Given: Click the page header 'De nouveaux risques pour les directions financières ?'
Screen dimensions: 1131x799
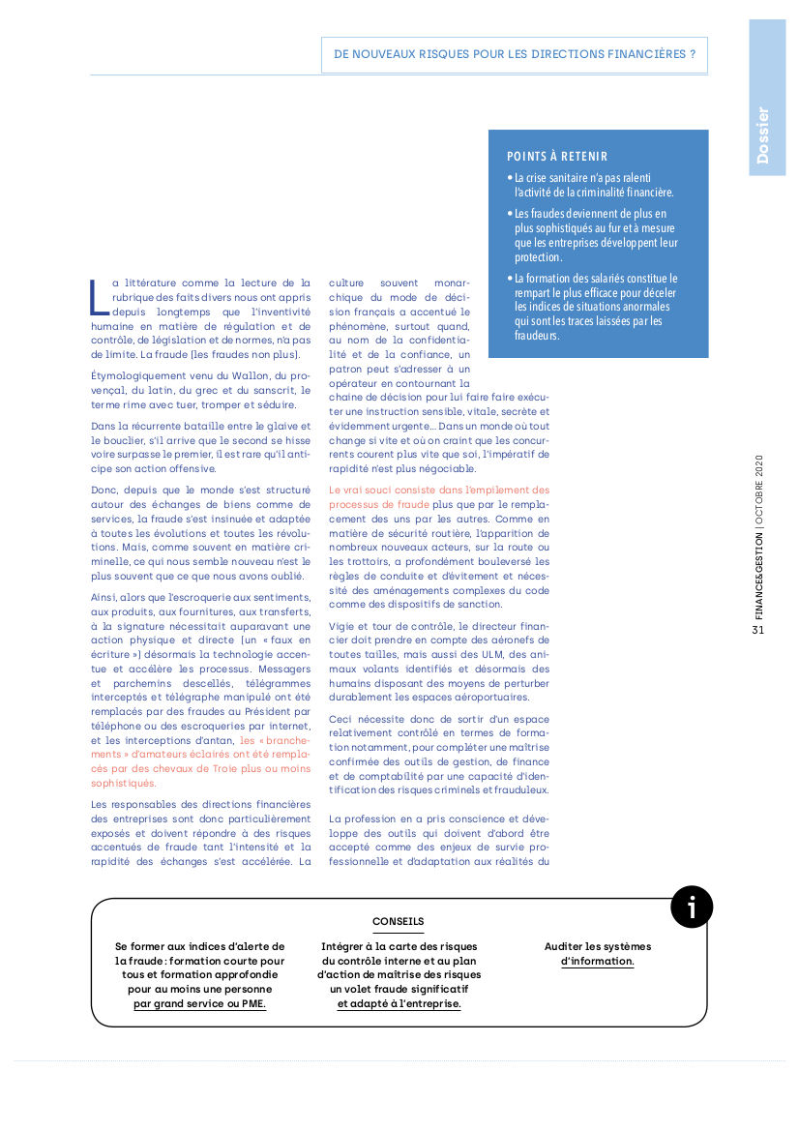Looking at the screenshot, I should pos(514,55).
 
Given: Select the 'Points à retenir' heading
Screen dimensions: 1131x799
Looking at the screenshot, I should pos(557,157).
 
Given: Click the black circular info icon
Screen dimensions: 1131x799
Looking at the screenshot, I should pos(692,908).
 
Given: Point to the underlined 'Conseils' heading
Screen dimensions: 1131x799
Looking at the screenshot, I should pos(399,922).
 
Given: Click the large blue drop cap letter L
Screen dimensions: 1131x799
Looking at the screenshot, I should pos(98,297).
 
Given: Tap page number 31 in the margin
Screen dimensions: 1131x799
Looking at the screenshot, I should pos(758,630).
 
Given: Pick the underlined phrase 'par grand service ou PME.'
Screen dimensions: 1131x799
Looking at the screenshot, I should pos(199,1004).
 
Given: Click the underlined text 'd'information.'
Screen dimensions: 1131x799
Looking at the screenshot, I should pos(598,962).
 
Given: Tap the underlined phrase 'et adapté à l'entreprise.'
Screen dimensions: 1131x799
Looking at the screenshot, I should pos(399,1004).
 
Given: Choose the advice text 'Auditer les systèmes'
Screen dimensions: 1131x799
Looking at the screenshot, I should pos(598,946).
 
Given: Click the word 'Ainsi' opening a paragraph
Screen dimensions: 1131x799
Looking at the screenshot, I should pos(104,597).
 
